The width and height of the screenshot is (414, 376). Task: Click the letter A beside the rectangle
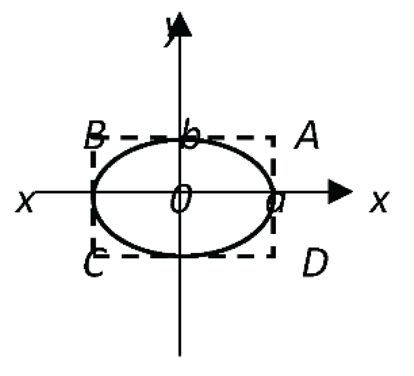click(x=307, y=137)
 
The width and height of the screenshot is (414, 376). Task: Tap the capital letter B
click(x=94, y=137)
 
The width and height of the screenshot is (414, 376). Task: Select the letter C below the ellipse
click(x=93, y=263)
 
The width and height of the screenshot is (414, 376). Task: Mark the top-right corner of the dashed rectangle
click(x=274, y=138)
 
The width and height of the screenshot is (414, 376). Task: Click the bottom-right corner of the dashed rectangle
click(x=274, y=256)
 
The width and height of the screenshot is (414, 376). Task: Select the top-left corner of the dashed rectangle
click(x=93, y=138)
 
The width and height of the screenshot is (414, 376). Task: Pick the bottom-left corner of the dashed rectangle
click(x=93, y=256)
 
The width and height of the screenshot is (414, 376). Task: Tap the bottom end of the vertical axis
click(x=180, y=354)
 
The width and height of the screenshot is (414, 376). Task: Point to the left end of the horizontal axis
click(x=36, y=191)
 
